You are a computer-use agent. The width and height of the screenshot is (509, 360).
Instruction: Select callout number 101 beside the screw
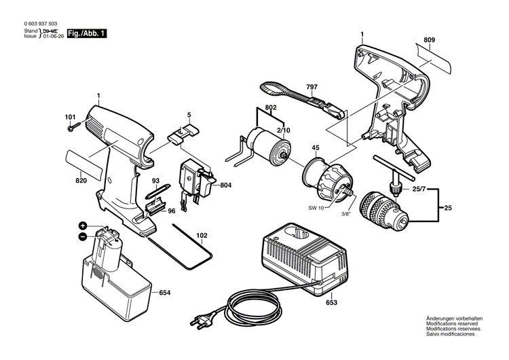[70, 117]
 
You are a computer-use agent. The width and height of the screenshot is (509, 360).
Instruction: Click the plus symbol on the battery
[83, 225]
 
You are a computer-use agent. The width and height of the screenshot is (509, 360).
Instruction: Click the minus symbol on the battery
[83, 237]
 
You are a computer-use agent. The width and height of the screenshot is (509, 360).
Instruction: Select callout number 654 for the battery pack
[165, 292]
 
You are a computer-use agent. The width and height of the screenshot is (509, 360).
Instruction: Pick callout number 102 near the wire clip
[202, 237]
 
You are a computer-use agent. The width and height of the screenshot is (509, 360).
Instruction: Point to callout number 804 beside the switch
[226, 184]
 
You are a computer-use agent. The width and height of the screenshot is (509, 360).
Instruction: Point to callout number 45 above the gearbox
[315, 148]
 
